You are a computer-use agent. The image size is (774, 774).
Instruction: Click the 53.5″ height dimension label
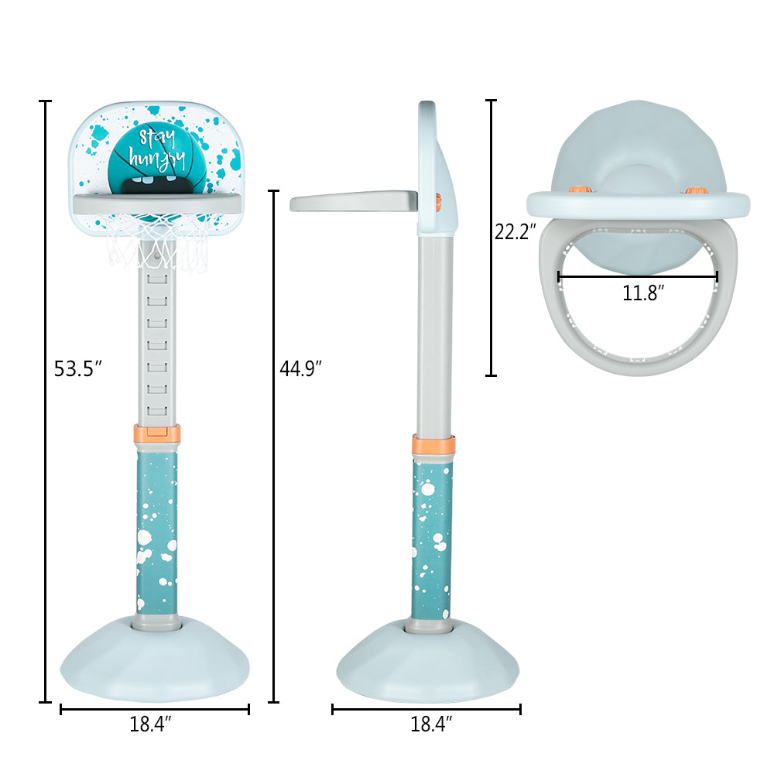[x=77, y=368]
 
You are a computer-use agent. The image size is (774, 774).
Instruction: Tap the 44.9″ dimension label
[x=300, y=368]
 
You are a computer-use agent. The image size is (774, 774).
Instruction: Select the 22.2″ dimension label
[x=515, y=231]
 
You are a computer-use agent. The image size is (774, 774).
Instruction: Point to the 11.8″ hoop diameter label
[x=642, y=293]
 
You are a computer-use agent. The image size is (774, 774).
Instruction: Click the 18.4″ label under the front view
[x=150, y=724]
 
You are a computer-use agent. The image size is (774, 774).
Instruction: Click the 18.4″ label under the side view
[x=431, y=724]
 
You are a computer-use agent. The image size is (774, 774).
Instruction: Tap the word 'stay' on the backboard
[x=157, y=138]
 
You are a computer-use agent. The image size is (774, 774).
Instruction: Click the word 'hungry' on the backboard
[x=157, y=159]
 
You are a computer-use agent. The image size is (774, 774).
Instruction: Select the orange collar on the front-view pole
[x=157, y=433]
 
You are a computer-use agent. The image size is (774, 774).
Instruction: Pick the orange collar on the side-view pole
[x=433, y=445]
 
